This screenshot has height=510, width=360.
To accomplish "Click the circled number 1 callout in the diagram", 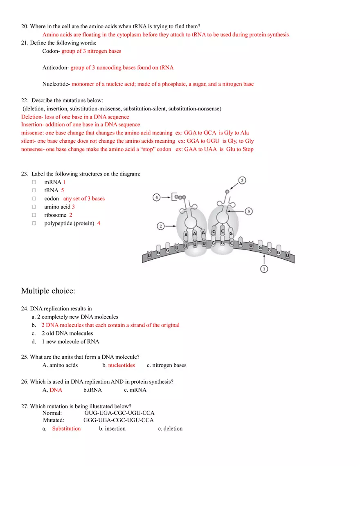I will (264, 269).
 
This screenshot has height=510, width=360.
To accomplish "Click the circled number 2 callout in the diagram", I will (161, 226).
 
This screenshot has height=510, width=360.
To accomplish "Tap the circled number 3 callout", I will (242, 180).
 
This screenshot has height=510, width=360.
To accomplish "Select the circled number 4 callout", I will (157, 198).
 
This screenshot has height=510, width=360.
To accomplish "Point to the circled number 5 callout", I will (249, 211).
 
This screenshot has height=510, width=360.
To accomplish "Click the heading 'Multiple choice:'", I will (48, 291).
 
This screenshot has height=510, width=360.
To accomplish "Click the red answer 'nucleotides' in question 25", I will (122, 365).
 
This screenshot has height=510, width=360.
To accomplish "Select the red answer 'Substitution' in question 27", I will (66, 429).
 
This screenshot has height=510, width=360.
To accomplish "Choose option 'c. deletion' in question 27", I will (170, 429).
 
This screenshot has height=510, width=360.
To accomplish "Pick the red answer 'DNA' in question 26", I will (56, 390).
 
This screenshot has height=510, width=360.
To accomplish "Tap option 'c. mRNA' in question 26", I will (135, 390).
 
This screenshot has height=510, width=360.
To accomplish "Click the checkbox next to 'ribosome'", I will (34, 215).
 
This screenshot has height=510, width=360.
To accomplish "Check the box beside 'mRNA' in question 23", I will (34, 182).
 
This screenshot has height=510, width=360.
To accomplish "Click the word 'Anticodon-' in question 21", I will (56, 67).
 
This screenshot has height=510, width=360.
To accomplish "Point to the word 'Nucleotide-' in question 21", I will (56, 84).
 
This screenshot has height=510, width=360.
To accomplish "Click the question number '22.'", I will (25, 100).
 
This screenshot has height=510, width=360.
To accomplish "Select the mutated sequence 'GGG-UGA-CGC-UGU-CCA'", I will (119, 420).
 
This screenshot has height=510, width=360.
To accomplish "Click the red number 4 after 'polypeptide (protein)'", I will (99, 223).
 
